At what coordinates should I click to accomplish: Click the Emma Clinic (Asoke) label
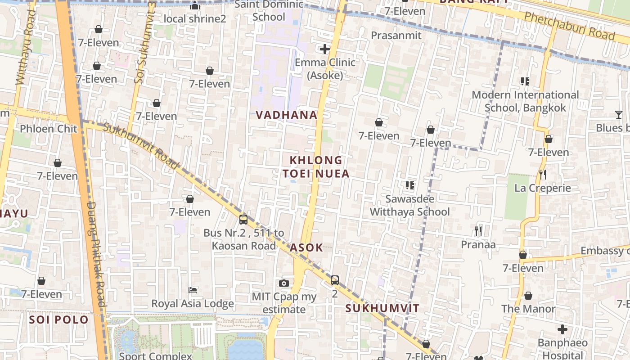(x=325, y=69)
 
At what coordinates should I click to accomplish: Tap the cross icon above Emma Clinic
(x=324, y=49)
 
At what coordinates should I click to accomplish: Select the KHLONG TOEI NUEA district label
(x=316, y=167)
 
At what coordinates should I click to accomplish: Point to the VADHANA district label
(x=287, y=115)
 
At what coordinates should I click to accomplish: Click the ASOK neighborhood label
(x=306, y=247)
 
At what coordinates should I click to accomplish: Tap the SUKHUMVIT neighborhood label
(x=382, y=309)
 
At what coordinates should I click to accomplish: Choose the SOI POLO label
(x=59, y=320)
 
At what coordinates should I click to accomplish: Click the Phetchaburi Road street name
(x=569, y=26)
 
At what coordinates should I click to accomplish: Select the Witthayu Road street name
(x=25, y=47)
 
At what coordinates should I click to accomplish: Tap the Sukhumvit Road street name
(x=141, y=146)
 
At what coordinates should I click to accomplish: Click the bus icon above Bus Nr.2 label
(x=243, y=220)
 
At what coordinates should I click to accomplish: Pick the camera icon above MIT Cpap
(x=283, y=283)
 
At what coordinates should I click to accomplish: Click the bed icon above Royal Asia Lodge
(x=193, y=290)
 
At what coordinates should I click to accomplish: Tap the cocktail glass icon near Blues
(x=619, y=115)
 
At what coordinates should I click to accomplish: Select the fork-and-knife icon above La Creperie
(x=543, y=175)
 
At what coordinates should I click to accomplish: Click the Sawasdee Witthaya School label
(x=409, y=205)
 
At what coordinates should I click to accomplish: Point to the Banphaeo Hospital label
(x=562, y=349)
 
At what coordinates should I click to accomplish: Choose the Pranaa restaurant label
(x=478, y=245)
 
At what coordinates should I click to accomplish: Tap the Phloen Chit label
(x=49, y=129)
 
